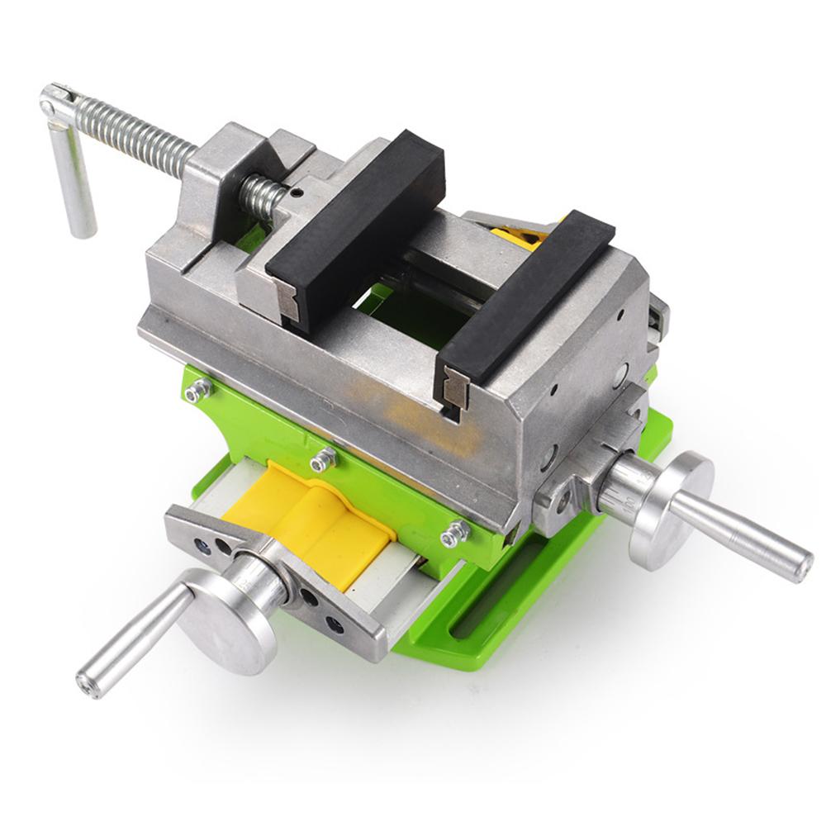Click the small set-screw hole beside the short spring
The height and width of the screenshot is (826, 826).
point(297,197)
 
